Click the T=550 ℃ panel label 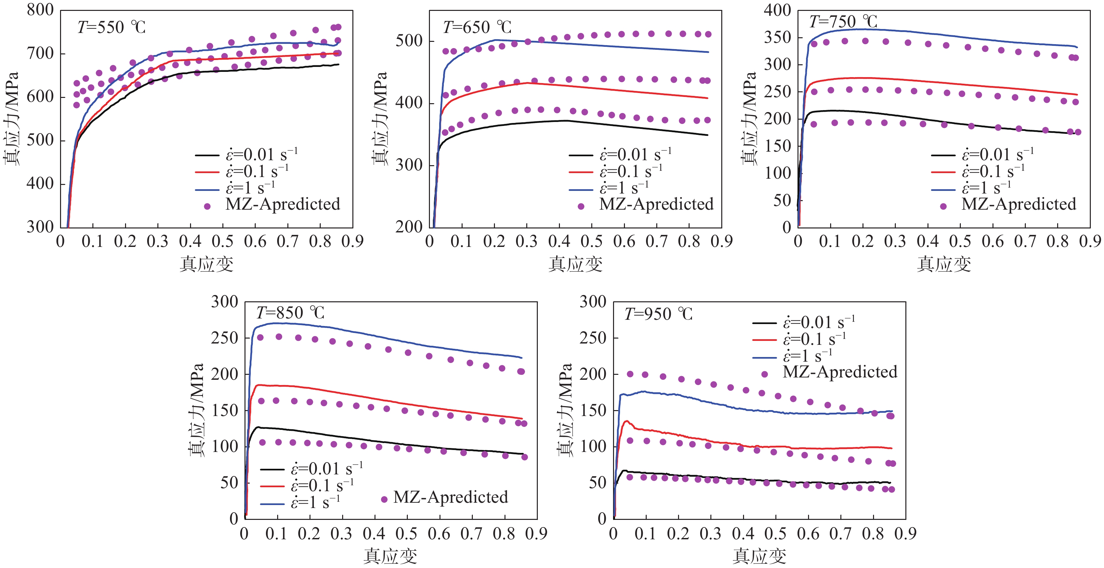(112, 27)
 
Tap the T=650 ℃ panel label (477, 27)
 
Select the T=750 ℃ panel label (843, 21)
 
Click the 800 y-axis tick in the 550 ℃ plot (40, 10)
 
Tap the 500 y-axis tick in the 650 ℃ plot (409, 41)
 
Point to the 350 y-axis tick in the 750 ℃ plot (777, 38)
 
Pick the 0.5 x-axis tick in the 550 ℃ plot (222, 242)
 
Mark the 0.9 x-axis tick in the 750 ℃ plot (1090, 242)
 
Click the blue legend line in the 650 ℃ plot (581, 189)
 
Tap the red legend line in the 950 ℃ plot (764, 340)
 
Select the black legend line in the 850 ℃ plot (272, 469)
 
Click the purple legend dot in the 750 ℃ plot (943, 206)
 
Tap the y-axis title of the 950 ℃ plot (565, 410)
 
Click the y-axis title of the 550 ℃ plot (11, 119)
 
